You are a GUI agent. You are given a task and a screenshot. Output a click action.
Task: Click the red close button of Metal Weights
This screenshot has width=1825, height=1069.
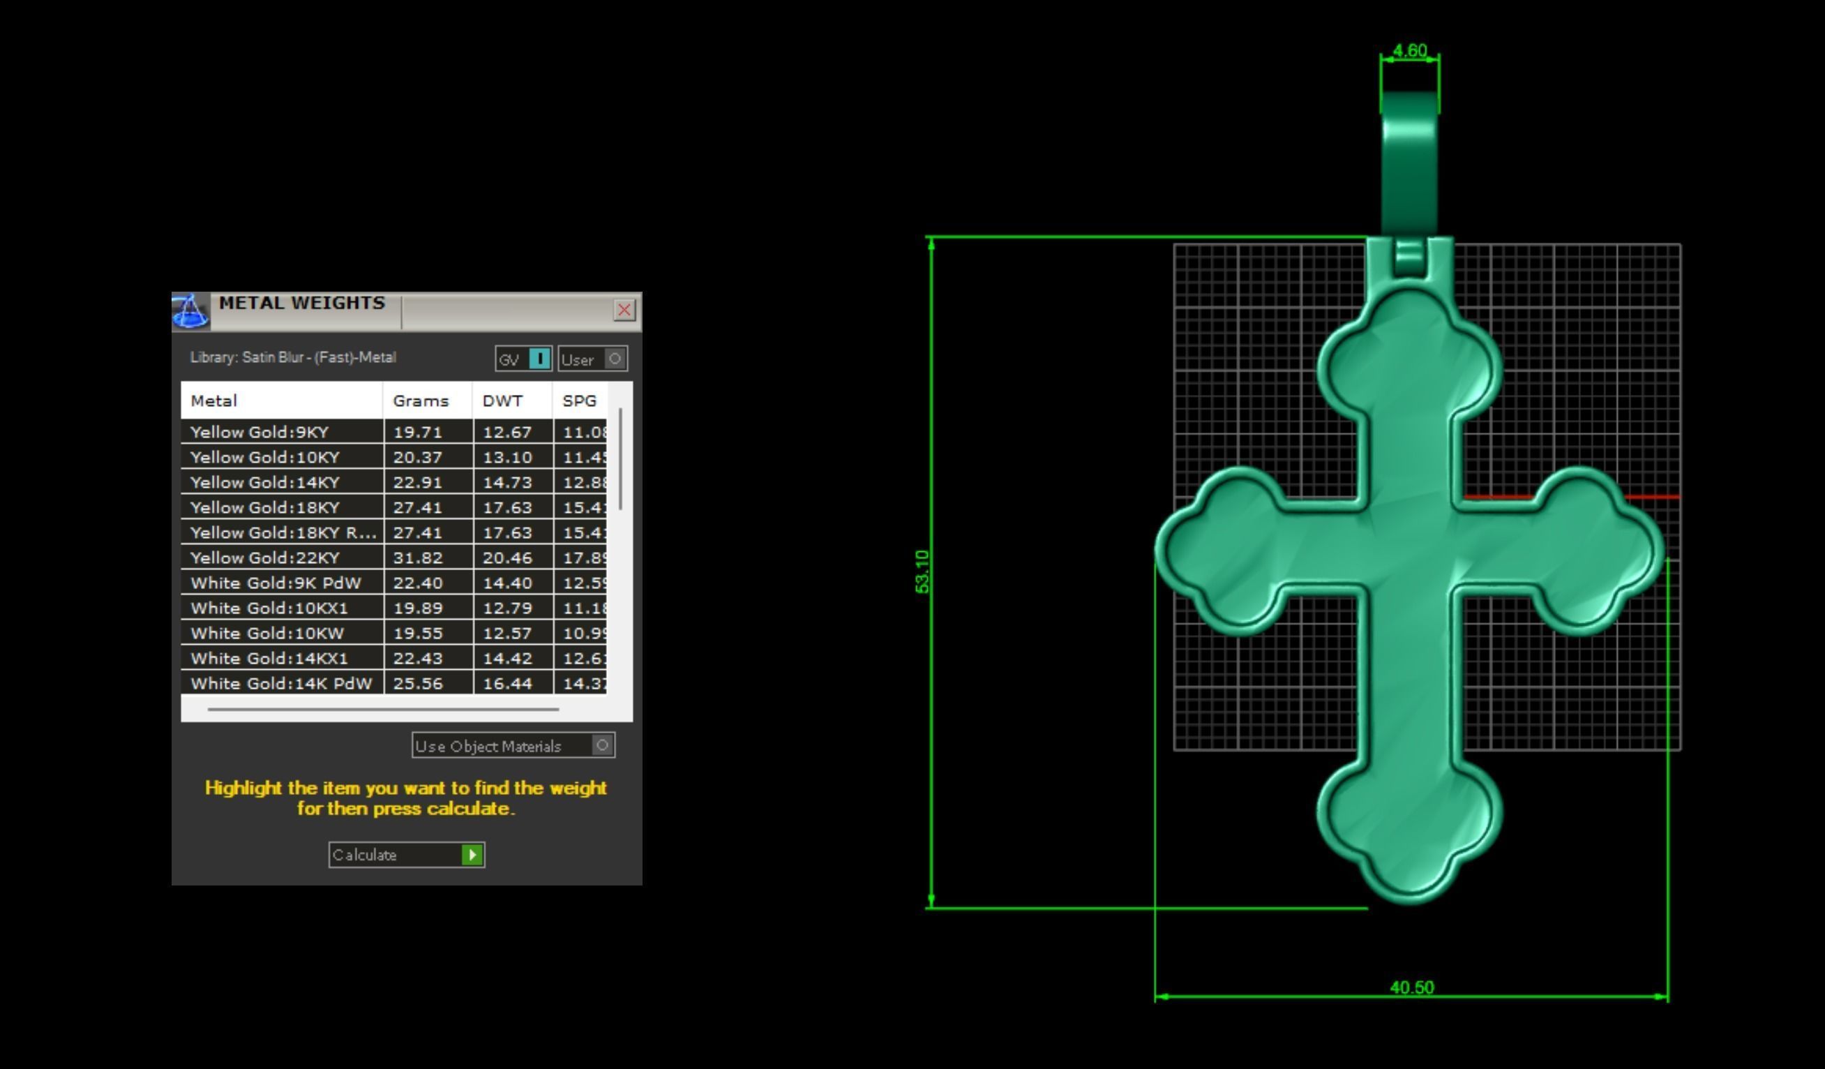coord(624,310)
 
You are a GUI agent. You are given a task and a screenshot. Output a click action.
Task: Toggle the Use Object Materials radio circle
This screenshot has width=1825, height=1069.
coord(602,745)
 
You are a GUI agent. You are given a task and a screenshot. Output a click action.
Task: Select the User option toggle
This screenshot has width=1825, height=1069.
coord(614,359)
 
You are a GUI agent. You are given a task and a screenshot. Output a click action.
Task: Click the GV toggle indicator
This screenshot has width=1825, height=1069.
coord(539,359)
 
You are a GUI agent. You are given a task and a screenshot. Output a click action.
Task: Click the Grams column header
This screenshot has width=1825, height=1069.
coord(421,401)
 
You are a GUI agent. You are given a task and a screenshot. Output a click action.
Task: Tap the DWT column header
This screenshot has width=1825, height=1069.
coord(502,401)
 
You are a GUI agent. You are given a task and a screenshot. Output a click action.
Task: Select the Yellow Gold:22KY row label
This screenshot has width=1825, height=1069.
coord(265,558)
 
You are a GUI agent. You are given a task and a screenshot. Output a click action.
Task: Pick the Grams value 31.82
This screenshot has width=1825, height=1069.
coord(418,558)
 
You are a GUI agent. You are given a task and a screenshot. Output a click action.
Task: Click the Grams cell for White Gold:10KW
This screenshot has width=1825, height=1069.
coord(418,633)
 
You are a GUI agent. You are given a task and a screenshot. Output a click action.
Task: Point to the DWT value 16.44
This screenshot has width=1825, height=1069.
coord(508,684)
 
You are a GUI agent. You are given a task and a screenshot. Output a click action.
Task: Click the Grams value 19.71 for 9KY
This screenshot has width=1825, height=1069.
coord(418,433)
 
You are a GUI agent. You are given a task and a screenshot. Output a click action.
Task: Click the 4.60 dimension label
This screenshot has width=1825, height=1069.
coord(1409,51)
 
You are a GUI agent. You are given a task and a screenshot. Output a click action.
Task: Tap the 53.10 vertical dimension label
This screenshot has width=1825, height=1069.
coord(922,571)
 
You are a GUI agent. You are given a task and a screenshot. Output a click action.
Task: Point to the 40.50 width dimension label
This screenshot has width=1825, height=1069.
coord(1411,987)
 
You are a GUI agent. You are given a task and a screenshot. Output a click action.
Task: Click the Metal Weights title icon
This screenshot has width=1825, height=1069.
coord(190,311)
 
